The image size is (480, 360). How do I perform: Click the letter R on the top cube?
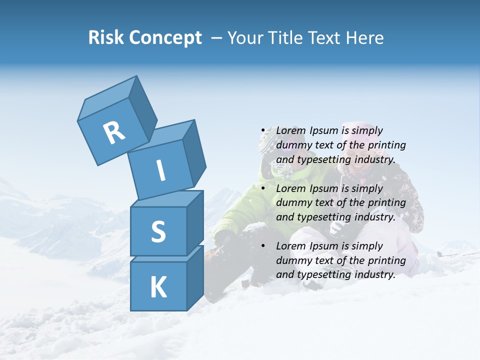(114, 133)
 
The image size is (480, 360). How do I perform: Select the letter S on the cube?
(158, 231)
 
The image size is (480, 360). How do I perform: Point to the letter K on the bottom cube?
(158, 287)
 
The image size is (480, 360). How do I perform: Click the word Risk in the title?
(106, 38)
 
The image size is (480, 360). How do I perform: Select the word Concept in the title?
(165, 38)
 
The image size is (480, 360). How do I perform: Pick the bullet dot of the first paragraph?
(263, 131)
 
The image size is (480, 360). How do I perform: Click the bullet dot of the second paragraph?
(263, 188)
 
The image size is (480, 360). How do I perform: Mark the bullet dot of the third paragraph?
(263, 246)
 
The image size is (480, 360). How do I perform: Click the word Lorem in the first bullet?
(290, 130)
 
